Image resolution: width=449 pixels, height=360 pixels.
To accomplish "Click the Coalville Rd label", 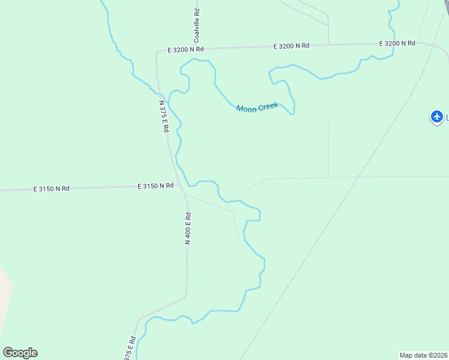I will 196,25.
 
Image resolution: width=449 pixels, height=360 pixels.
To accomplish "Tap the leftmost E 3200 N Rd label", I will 185,49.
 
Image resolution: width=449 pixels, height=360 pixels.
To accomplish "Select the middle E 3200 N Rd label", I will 291,46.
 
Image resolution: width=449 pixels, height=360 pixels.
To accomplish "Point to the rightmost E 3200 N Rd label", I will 397,43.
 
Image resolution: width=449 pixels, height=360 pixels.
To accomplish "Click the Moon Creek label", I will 258,108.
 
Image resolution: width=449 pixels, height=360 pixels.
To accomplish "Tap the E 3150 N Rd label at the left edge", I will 51,188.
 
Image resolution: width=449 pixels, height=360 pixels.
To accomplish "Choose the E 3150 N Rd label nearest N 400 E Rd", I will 155,186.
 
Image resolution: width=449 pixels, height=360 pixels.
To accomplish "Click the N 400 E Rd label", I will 188,229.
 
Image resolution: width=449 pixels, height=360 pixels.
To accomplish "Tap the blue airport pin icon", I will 437,116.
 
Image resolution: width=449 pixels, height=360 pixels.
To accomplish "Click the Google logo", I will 20,353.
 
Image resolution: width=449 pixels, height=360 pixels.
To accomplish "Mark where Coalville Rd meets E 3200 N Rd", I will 196,48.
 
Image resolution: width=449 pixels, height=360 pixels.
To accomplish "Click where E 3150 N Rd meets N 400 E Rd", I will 178,185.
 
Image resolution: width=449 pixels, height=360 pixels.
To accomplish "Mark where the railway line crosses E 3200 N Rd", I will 432,43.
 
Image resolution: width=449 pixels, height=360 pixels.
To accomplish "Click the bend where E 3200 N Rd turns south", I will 158,53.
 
